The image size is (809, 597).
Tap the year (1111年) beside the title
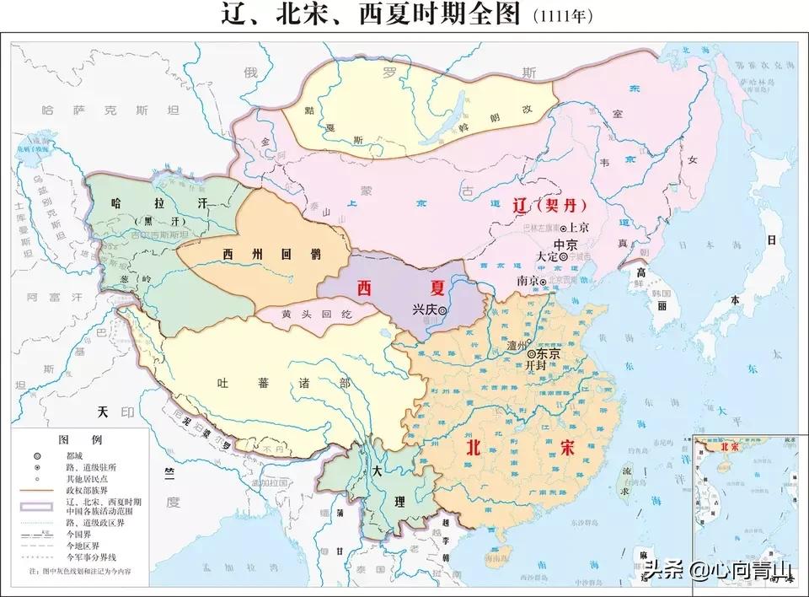point(566,17)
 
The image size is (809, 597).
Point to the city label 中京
point(565,243)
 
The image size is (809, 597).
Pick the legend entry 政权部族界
point(88,488)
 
